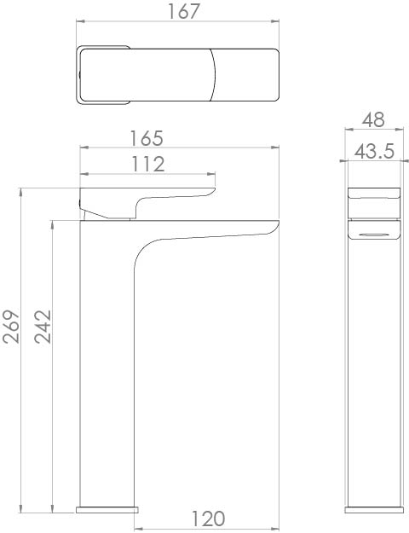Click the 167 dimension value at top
pyautogui.click(x=180, y=12)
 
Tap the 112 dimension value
pyautogui.click(x=147, y=164)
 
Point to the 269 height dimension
pyautogui.click(x=11, y=327)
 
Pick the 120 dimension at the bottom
pyautogui.click(x=207, y=519)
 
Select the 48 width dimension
pyautogui.click(x=372, y=119)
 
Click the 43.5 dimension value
pyautogui.click(x=373, y=153)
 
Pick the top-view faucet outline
pyautogui.click(x=179, y=74)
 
